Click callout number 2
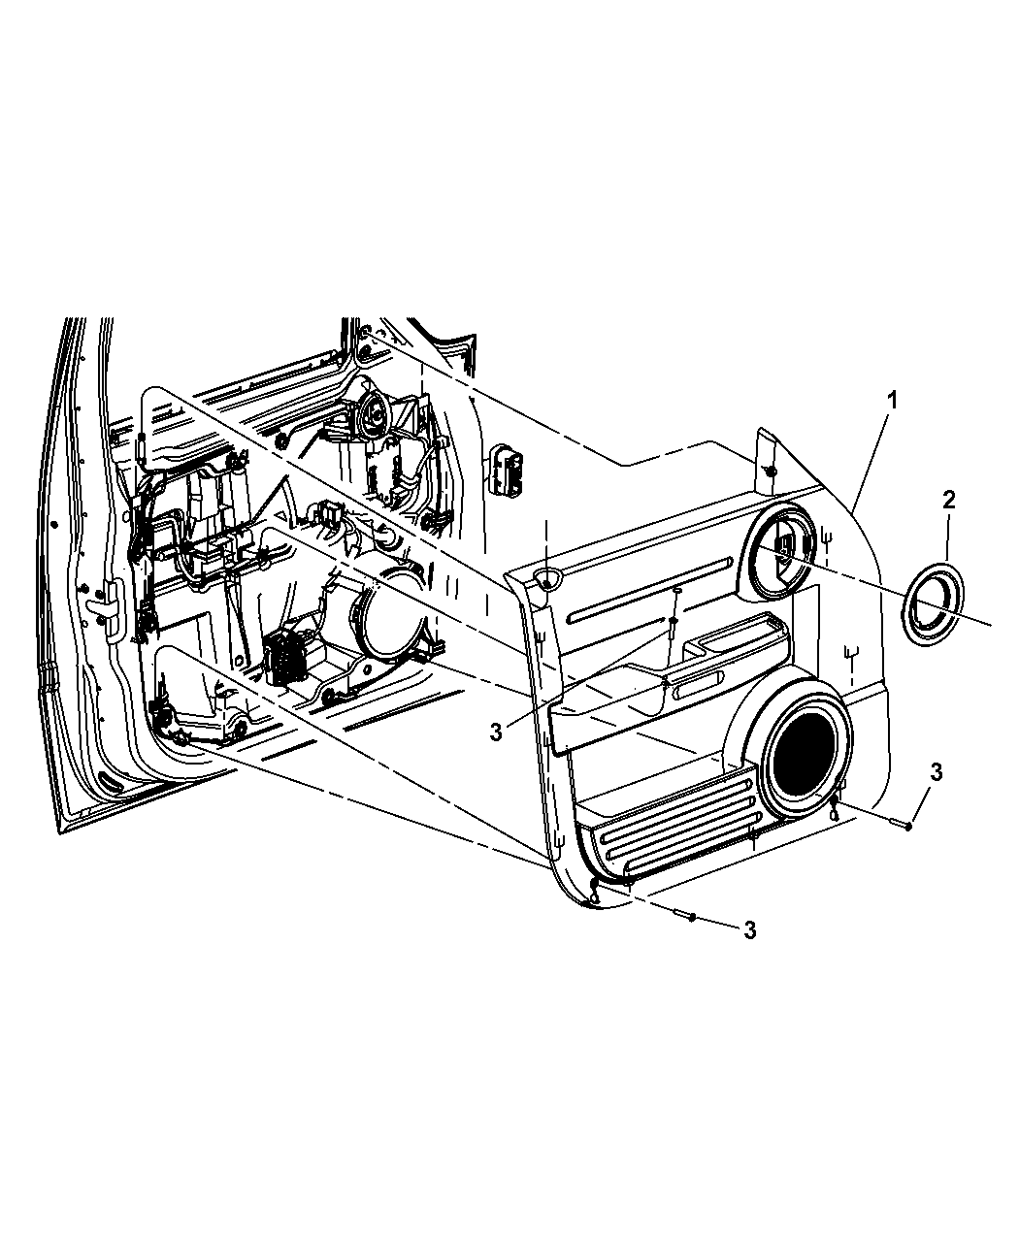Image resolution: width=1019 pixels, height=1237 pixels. click(948, 500)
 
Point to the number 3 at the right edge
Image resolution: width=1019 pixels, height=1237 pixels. click(936, 772)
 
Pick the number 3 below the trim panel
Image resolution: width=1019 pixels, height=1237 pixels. click(748, 929)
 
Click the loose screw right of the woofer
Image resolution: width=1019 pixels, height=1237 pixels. click(899, 825)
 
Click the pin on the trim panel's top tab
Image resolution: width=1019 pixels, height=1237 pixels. click(769, 470)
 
